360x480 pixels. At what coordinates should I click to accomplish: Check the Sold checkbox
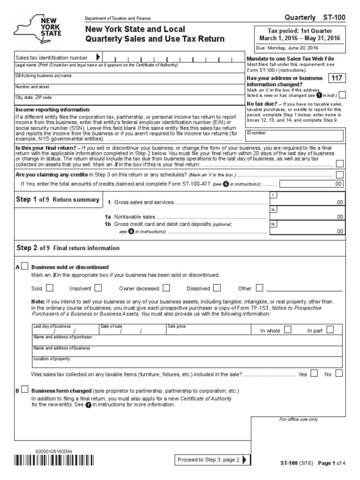[x=50, y=288]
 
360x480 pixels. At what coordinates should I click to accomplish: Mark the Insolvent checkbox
[x=98, y=288]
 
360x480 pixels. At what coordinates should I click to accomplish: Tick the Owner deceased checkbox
[x=166, y=288]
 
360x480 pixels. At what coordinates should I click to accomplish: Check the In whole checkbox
[x=287, y=330]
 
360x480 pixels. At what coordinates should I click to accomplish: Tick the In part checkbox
[x=330, y=330]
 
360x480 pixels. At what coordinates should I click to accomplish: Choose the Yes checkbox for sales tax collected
[x=314, y=374]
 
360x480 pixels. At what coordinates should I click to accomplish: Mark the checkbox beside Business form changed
[x=24, y=390]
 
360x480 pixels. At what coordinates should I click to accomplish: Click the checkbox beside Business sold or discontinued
[x=24, y=266]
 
